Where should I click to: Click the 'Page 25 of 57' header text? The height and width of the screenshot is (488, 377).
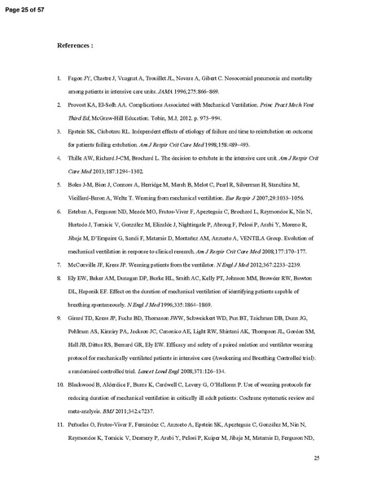(27, 7)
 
